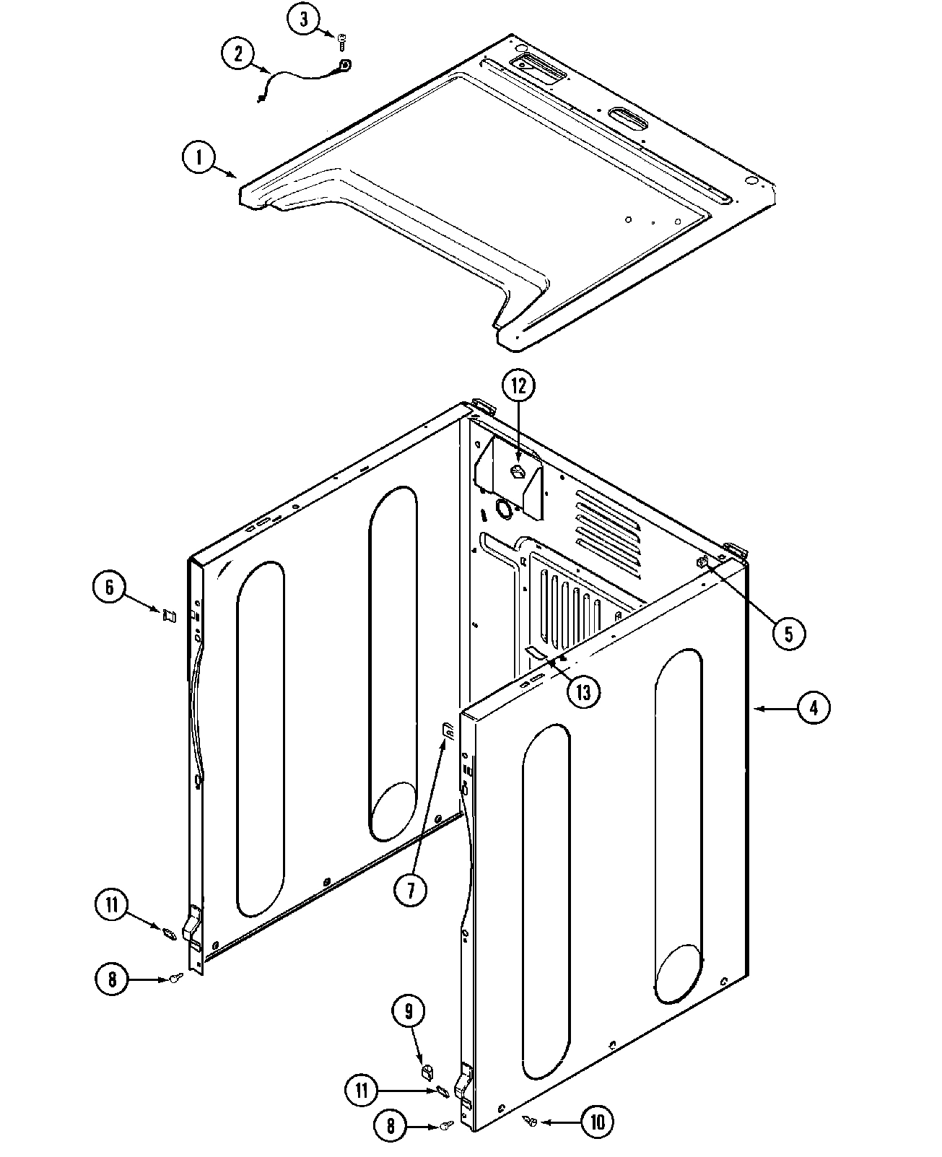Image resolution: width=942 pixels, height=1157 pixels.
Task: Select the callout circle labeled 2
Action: pos(239,54)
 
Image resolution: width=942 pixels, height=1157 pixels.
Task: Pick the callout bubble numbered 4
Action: pos(814,709)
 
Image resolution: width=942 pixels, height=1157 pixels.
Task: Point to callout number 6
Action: pos(110,587)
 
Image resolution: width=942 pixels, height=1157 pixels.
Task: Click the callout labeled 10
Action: pos(596,1122)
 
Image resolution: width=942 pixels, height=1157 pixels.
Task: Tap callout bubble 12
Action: pos(519,387)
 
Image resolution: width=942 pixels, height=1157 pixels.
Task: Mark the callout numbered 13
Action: pos(583,692)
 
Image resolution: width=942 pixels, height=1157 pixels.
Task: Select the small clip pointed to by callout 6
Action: pos(169,616)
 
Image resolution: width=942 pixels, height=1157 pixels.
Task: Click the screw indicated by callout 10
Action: pos(531,1120)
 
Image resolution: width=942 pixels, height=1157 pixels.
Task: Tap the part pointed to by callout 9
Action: pos(427,1067)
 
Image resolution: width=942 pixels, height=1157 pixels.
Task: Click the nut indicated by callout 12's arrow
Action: pos(517,471)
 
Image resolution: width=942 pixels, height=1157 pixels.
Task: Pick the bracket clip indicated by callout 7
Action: pos(448,732)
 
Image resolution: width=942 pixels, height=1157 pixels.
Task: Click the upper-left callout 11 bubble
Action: pos(112,906)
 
